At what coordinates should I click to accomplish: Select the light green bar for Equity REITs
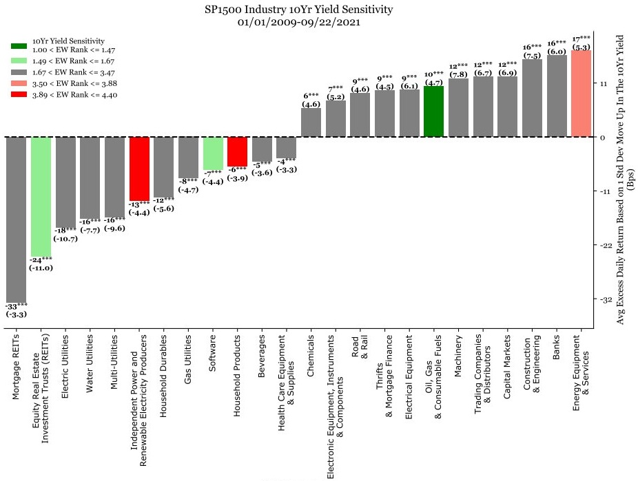point(41,195)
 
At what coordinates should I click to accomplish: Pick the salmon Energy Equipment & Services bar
point(581,93)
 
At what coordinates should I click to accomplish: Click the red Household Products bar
point(237,151)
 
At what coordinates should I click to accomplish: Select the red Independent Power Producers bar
point(140,169)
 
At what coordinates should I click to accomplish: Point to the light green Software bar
point(213,153)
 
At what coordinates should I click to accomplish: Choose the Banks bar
point(557,96)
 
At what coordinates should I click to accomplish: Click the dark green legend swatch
point(19,46)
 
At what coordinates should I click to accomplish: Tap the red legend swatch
point(19,94)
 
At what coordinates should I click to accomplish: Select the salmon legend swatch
point(19,82)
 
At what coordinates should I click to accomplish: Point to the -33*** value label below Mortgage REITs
point(17,305)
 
